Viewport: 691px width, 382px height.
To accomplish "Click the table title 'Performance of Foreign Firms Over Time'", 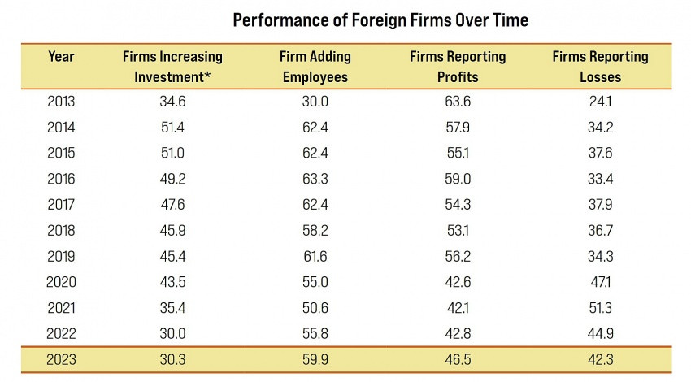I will click(x=380, y=20).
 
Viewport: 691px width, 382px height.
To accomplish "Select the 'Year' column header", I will click(x=61, y=57).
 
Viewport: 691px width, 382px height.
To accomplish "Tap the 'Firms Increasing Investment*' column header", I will click(x=172, y=67).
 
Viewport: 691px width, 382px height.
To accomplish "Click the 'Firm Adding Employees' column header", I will click(x=315, y=67).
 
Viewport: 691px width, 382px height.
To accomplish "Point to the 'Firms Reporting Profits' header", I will click(x=458, y=67).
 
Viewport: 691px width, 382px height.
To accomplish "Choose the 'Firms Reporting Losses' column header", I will click(x=600, y=67).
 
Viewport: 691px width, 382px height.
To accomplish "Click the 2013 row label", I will click(x=61, y=102).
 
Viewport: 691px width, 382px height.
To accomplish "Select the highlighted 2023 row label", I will click(x=61, y=359).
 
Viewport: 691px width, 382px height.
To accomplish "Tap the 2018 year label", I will click(x=61, y=231).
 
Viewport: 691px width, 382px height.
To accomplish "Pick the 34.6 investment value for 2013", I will click(x=172, y=102).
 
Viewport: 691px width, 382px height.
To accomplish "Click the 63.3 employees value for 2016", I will click(x=315, y=180).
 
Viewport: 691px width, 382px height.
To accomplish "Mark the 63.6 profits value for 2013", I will click(x=458, y=102).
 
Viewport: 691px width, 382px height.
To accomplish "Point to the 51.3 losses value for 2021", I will click(x=600, y=308).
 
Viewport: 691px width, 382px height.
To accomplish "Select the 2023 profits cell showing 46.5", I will click(x=458, y=359).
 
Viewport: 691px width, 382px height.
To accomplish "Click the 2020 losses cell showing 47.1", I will click(x=600, y=282).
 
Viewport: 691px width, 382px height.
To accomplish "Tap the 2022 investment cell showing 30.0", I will click(x=172, y=333).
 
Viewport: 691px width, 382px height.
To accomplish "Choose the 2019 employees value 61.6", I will click(x=315, y=257).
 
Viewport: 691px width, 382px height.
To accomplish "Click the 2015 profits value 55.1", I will click(x=458, y=154).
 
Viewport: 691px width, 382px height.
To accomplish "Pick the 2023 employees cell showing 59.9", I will click(x=315, y=359).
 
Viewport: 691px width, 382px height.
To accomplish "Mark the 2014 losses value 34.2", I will click(x=600, y=128).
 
